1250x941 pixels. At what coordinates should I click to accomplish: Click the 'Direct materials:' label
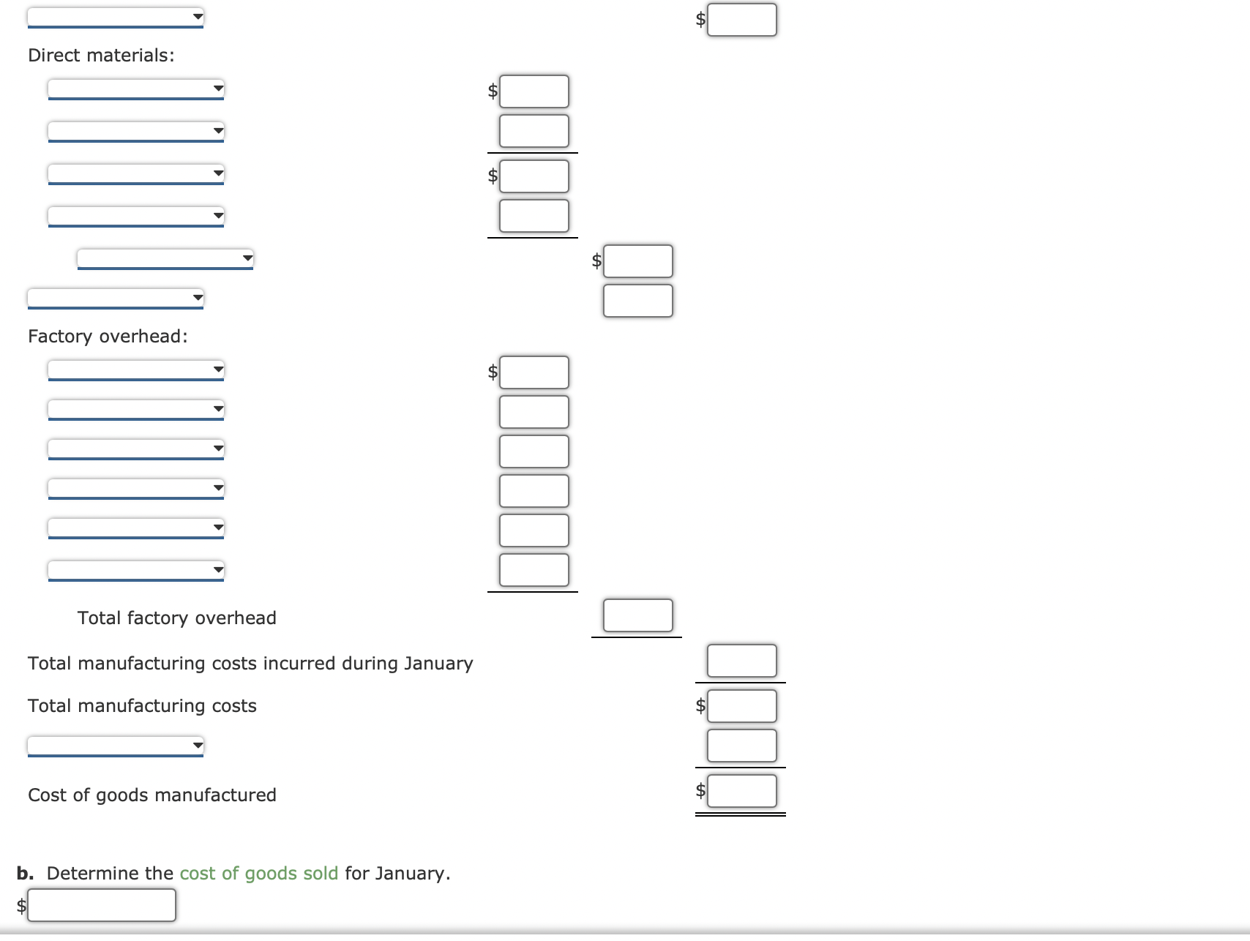click(x=101, y=56)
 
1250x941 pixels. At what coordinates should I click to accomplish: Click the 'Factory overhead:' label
click(x=108, y=337)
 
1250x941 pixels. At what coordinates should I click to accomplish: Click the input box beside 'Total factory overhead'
click(x=638, y=615)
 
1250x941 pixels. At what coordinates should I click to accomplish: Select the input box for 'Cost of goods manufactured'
click(x=742, y=791)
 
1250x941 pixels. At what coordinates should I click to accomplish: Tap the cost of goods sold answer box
click(x=102, y=905)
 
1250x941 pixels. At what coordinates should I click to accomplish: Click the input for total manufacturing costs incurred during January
click(x=742, y=661)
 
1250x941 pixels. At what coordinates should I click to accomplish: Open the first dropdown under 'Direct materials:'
click(x=136, y=89)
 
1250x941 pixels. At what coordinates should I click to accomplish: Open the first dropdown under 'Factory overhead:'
click(x=136, y=370)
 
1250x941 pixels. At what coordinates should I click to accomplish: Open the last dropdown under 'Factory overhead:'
click(x=136, y=571)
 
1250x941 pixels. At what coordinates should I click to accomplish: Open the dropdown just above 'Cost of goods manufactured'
click(x=116, y=746)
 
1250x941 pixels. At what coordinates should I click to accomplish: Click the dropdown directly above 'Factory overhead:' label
click(x=116, y=299)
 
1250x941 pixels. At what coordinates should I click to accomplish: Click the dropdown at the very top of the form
click(x=116, y=18)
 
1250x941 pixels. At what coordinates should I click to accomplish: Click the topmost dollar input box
click(x=742, y=20)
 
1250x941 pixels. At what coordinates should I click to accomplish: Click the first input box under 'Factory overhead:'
click(x=534, y=372)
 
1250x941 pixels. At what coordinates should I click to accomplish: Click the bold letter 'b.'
click(x=26, y=874)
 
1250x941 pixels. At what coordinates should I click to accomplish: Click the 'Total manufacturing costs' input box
click(x=742, y=706)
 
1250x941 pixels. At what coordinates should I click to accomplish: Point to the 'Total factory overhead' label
click(x=177, y=618)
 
